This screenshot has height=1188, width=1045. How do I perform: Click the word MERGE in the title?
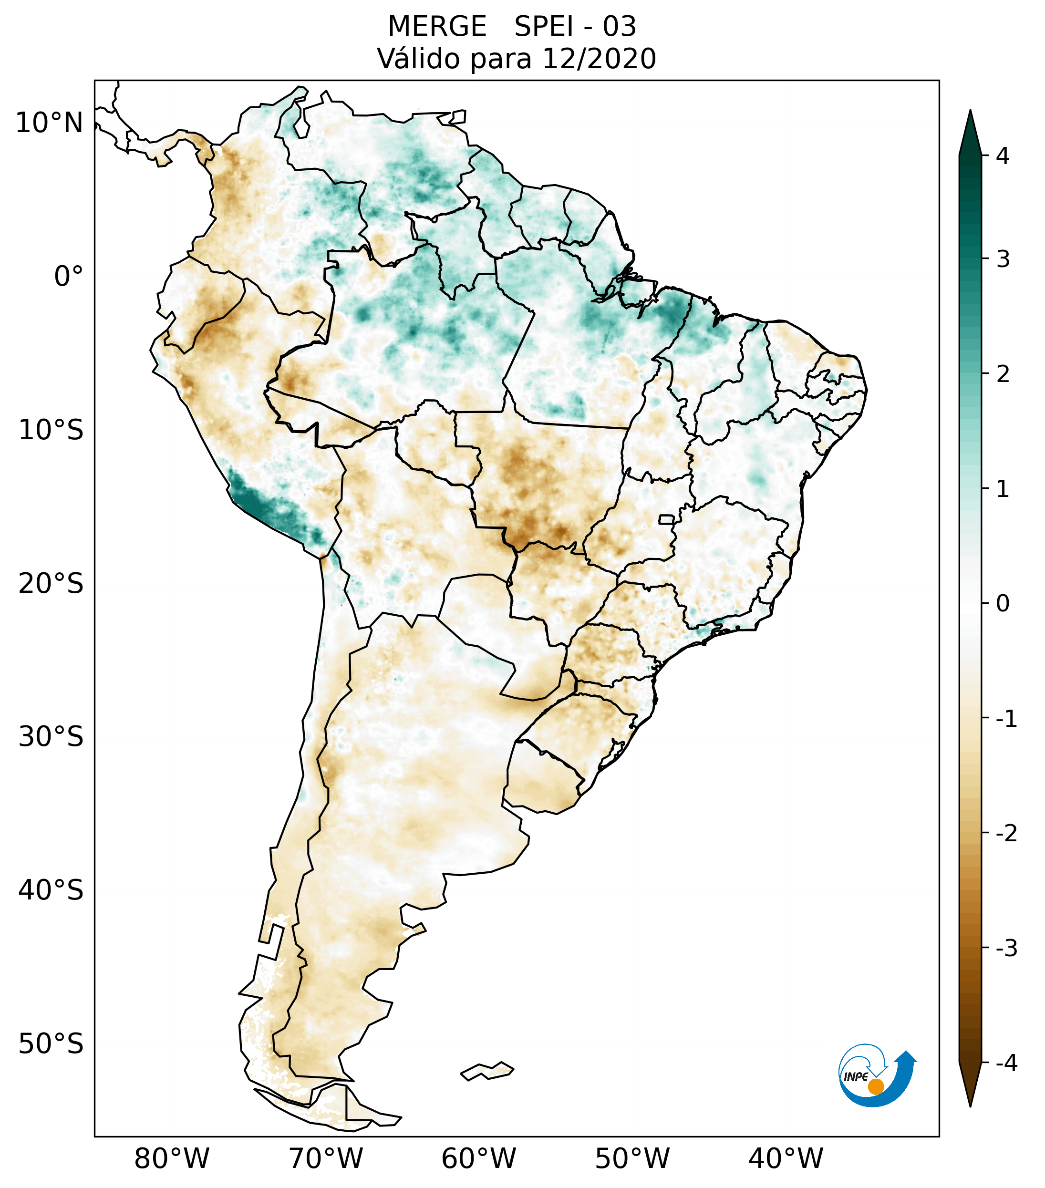[437, 27]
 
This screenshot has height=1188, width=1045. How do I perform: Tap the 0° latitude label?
[69, 276]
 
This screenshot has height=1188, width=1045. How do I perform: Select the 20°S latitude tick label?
[51, 584]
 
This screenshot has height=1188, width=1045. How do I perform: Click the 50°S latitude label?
[51, 1044]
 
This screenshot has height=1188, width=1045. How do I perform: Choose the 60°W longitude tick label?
[478, 1158]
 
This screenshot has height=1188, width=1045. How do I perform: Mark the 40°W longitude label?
[785, 1158]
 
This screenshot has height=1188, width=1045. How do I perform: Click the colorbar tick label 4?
[1003, 156]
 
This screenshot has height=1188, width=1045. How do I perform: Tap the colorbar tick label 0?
[1003, 604]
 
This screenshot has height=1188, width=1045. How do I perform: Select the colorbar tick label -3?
[1006, 948]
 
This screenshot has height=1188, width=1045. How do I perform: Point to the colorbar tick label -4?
[1006, 1063]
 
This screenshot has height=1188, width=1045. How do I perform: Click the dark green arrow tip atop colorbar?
[970, 125]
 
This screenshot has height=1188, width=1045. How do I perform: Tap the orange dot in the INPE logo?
[876, 1086]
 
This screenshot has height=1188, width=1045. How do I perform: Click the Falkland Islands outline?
[487, 1071]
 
